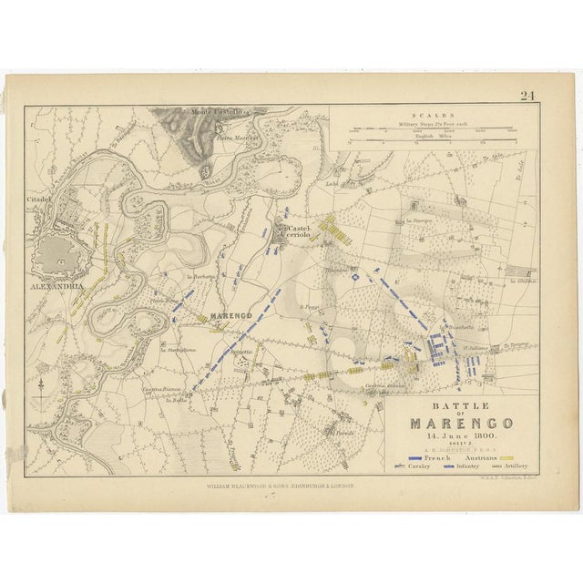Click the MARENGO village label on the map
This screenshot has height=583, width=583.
[x=230, y=315]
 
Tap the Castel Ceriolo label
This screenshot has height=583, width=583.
[x=300, y=231]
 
